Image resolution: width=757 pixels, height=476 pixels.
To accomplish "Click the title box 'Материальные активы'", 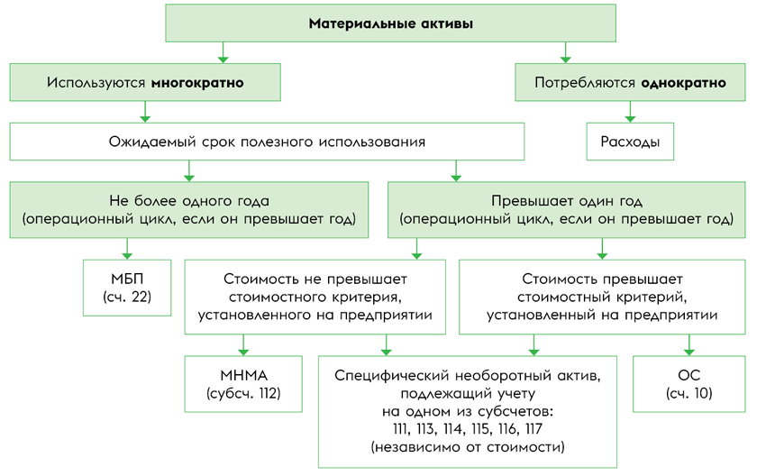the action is pos(390,23).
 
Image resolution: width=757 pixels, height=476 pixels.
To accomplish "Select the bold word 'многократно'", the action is pos(197,83).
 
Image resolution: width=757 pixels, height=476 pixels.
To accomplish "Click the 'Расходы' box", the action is pos(630,142).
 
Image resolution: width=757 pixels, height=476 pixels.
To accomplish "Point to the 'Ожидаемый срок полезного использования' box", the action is pos(267,142).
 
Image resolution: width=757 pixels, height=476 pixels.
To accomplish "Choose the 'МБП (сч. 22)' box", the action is pos(127,288).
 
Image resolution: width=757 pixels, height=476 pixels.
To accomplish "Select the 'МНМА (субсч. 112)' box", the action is pos(243,384).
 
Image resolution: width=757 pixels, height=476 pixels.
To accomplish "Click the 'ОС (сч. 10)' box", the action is pos(689,384).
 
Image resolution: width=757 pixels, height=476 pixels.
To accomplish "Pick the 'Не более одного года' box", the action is pos(189,210).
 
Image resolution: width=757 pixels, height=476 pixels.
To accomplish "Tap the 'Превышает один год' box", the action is pos(566,210).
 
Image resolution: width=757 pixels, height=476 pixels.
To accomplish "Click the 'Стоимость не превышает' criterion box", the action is pos(315,297).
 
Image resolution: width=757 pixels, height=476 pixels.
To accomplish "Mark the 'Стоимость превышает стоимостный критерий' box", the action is pos(602,297).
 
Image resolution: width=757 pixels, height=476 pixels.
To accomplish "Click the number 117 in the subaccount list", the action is pos(534,429).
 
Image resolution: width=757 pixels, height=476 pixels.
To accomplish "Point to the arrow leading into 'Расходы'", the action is pos(630,112).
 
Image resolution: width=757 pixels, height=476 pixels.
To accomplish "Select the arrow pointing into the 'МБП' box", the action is pos(127,249).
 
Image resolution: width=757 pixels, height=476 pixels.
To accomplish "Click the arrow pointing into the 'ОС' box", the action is pos(689,345).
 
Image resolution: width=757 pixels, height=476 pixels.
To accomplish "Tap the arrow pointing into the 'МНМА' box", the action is pos(243,345).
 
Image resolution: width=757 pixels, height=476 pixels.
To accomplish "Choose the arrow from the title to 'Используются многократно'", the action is pos(223,52).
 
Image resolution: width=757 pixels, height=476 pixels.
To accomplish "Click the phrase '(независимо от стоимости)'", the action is pos(468,447).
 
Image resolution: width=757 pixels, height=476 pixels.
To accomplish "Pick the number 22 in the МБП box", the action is pos(141,297).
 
